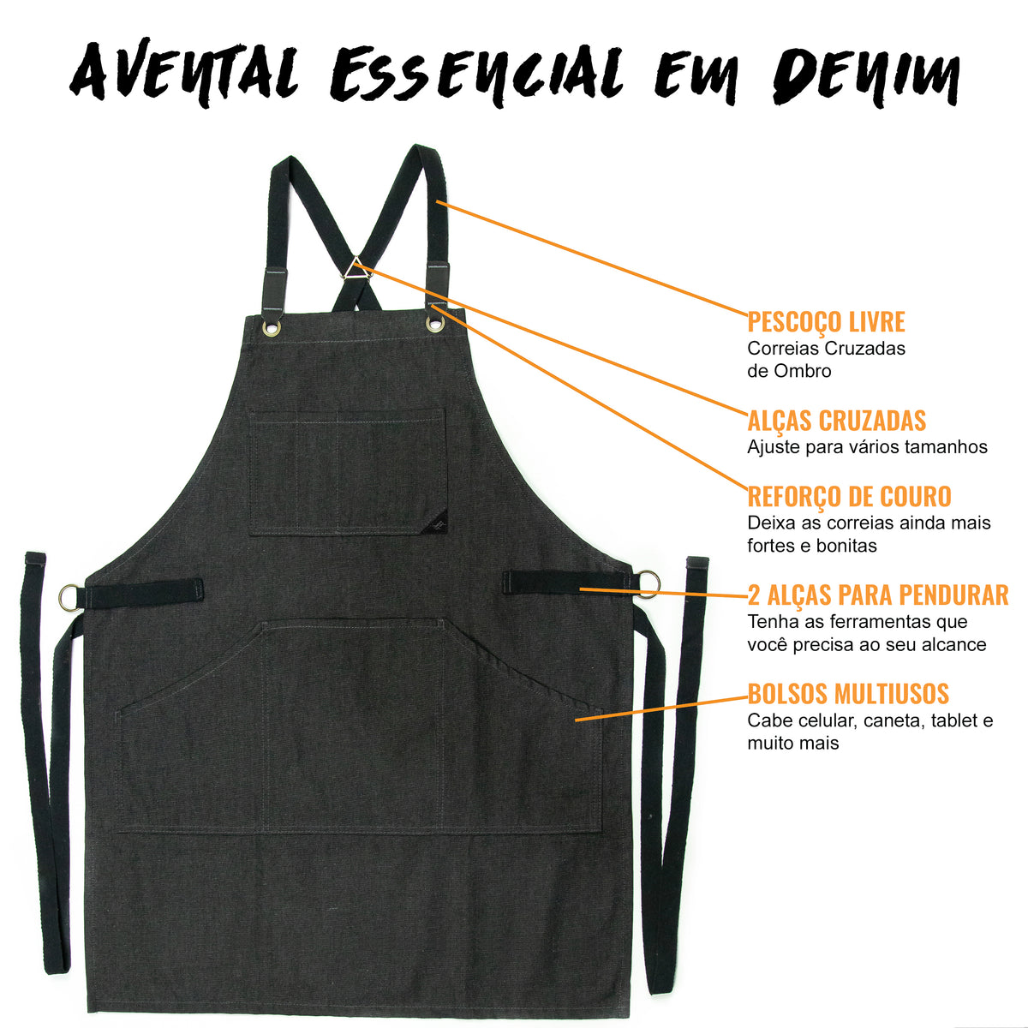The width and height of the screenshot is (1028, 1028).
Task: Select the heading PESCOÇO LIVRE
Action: coord(826,322)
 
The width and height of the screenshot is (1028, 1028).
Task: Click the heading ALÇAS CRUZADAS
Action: coord(836,421)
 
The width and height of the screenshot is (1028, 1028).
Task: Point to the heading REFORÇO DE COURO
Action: coord(849,497)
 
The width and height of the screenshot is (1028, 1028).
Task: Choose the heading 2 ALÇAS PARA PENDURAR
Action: coord(877,595)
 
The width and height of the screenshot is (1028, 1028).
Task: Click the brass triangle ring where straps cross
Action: coord(356,268)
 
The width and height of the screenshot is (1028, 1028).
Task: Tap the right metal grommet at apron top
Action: coord(434,324)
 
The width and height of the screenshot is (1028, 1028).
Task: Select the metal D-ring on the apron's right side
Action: coord(648,583)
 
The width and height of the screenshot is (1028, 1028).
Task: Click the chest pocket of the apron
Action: coord(347,471)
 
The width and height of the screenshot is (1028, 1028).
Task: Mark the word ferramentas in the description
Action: coord(852,621)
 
